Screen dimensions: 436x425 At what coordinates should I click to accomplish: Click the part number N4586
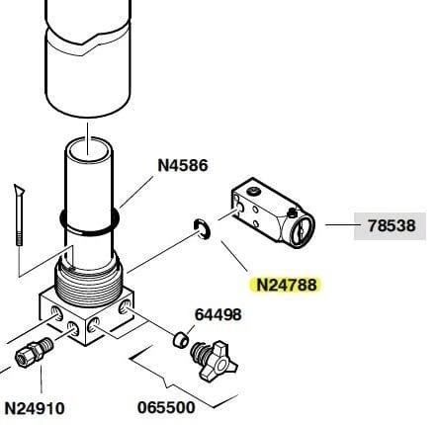(x=183, y=165)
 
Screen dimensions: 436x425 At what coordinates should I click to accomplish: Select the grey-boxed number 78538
(x=392, y=226)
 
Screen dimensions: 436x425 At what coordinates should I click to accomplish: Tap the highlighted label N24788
(x=286, y=285)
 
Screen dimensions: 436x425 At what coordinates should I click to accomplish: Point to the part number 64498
(x=218, y=314)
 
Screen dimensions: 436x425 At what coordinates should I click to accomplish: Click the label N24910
(x=35, y=408)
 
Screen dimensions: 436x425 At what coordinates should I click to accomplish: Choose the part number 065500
(x=166, y=408)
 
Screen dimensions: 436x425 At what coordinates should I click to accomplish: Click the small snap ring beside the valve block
(x=202, y=229)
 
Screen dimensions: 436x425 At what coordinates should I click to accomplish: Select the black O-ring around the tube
(x=89, y=222)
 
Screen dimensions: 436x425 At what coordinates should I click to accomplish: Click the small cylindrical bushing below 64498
(x=181, y=340)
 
